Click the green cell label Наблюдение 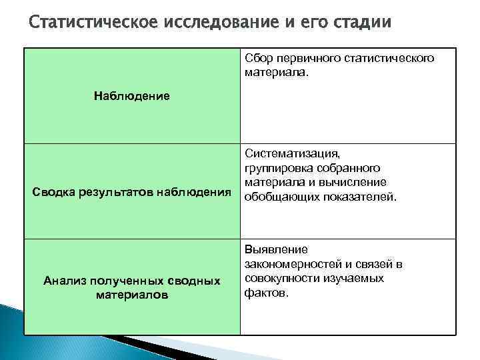point(132,96)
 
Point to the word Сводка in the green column point(55,193)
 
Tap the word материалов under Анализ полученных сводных point(132,294)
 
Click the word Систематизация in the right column point(293,155)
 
